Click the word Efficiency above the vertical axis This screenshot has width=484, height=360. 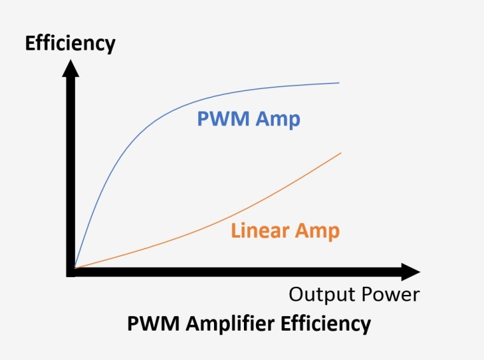(x=70, y=43)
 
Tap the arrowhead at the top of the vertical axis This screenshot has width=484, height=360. (x=70, y=66)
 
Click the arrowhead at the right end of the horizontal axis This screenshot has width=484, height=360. (x=410, y=272)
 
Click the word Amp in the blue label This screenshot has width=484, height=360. (x=278, y=120)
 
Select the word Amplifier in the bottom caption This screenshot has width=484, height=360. (x=231, y=324)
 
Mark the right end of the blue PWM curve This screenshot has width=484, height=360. (x=339, y=83)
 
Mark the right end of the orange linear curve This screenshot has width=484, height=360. (x=341, y=153)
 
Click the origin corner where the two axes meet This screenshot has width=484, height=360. (x=71, y=272)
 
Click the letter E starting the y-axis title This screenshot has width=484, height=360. (x=29, y=43)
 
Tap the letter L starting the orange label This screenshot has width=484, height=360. (x=236, y=230)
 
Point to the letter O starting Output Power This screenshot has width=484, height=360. (x=296, y=294)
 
